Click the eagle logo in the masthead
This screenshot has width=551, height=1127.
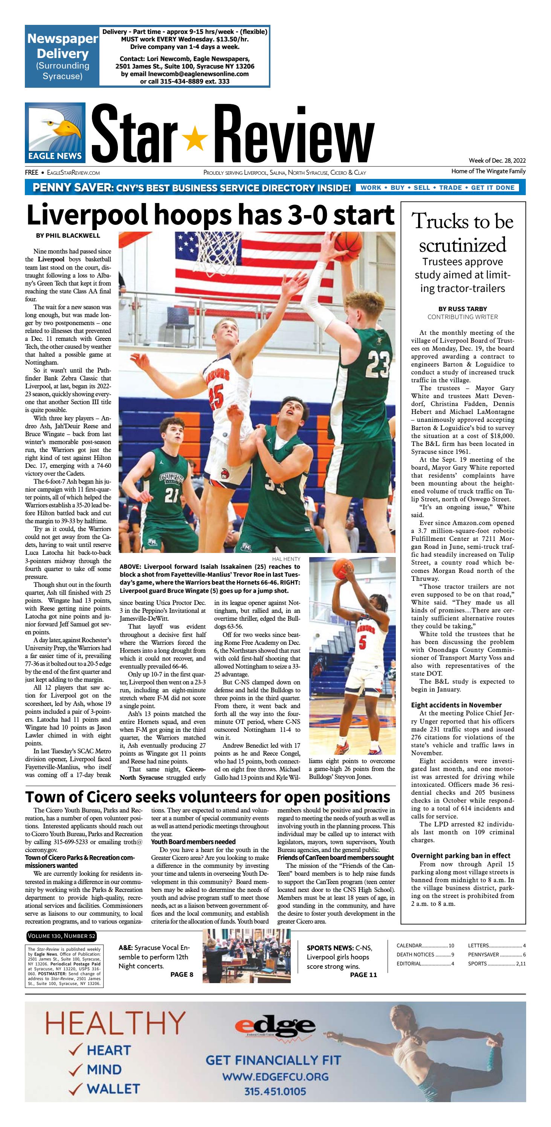55,132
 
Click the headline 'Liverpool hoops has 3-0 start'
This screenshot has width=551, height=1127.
210,215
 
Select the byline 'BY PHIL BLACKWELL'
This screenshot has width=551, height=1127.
68,235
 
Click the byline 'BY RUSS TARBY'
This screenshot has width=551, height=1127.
462,309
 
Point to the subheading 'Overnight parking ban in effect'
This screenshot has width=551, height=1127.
461,856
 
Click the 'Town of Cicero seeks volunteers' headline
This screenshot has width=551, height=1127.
208,797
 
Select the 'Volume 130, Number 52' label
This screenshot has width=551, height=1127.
61,936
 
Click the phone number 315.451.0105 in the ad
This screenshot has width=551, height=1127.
275,1091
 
